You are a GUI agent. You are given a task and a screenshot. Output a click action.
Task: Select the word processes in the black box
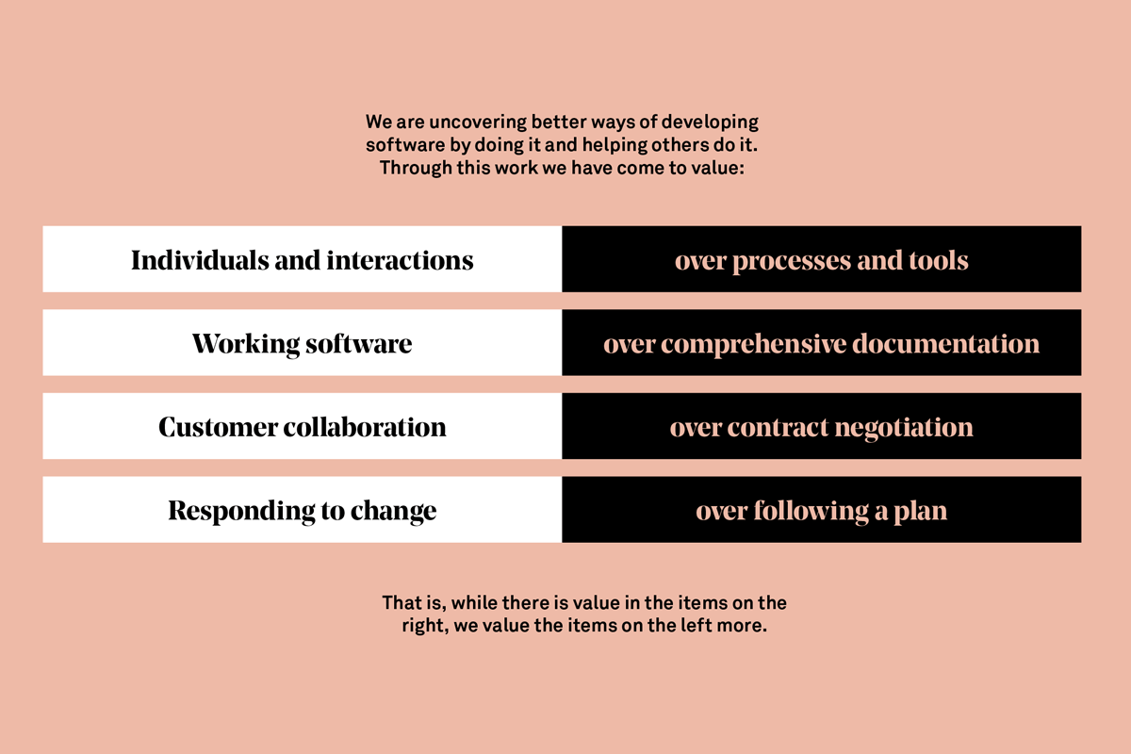point(792,261)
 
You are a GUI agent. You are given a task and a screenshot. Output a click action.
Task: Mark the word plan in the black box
point(920,512)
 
